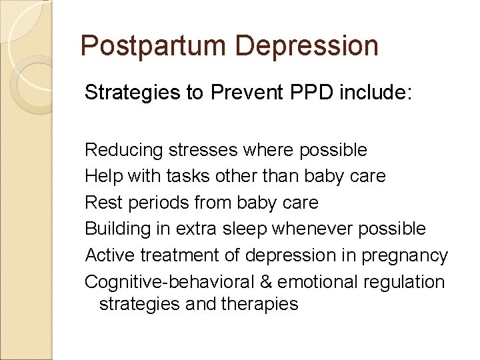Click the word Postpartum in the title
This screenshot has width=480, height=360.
click(153, 46)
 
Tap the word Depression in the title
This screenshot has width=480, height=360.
click(307, 46)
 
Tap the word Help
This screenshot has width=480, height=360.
click(101, 176)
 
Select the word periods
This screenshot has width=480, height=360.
click(155, 203)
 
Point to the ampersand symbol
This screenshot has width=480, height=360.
click(265, 282)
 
